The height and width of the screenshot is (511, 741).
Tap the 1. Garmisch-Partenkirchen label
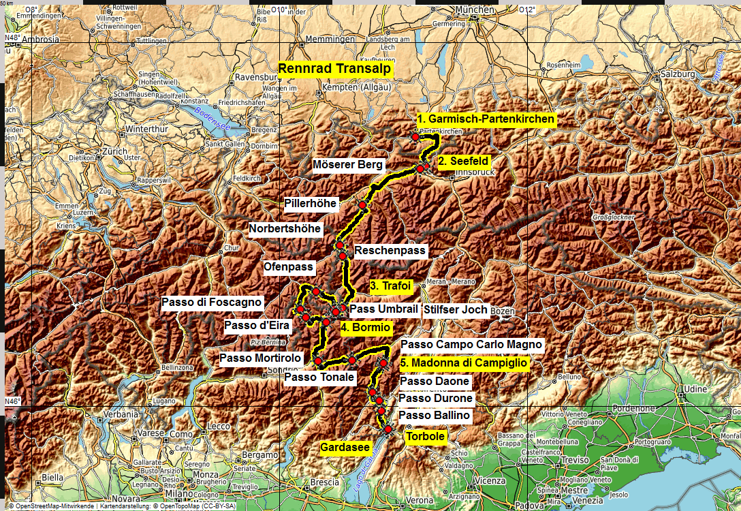pyautogui.click(x=486, y=119)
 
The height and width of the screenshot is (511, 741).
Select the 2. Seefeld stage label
pyautogui.click(x=463, y=161)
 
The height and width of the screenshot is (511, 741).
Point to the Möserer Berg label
pyautogui.click(x=348, y=165)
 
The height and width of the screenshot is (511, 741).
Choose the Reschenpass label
pyautogui.click(x=390, y=251)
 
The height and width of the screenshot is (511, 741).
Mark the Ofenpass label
pyautogui.click(x=288, y=268)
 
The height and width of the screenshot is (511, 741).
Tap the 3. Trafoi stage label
pyautogui.click(x=392, y=286)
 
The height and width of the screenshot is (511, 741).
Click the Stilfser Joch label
pyautogui.click(x=456, y=310)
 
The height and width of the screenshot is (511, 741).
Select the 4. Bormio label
pyautogui.click(x=366, y=328)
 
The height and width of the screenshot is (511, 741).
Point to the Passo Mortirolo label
pyautogui.click(x=260, y=358)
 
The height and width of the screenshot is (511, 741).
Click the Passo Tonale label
pyautogui.click(x=319, y=377)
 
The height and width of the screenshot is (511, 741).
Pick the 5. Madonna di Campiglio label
pyautogui.click(x=464, y=363)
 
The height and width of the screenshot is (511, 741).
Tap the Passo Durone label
pyautogui.click(x=435, y=398)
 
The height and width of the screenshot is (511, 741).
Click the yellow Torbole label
pyautogui.click(x=426, y=437)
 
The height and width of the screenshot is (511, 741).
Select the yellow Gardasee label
pyautogui.click(x=345, y=448)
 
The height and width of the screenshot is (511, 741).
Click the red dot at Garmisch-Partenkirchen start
pyautogui.click(x=415, y=137)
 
